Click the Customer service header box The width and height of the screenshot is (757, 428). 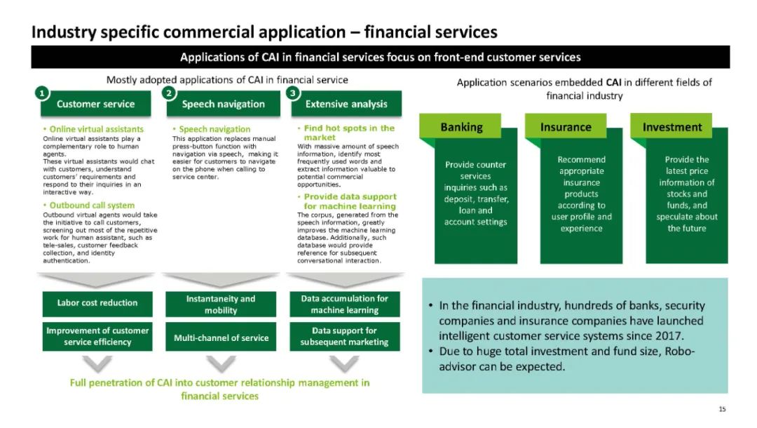(95, 104)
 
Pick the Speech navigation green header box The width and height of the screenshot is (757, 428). (223, 104)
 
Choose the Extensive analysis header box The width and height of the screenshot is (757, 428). (346, 104)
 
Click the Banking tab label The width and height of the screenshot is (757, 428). (461, 127)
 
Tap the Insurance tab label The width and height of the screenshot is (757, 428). (566, 127)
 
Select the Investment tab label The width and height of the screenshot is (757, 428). (672, 127)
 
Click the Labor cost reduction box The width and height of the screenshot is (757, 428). (97, 303)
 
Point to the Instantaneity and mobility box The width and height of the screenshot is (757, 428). (221, 305)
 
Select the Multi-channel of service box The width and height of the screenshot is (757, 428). (221, 337)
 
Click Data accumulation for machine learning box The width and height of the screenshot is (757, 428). (344, 305)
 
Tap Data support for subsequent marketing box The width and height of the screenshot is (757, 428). (344, 336)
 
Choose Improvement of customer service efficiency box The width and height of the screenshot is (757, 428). (97, 336)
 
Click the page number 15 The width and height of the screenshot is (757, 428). (722, 408)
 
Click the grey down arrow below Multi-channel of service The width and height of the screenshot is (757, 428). (221, 364)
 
